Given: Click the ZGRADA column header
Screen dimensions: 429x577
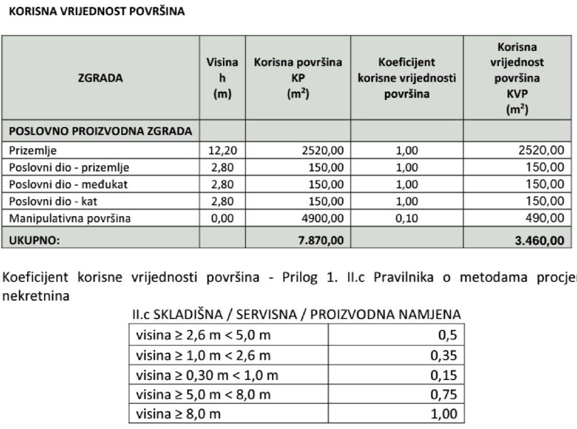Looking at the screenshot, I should pos(100,79).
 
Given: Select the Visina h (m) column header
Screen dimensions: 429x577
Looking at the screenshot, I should pos(222,79).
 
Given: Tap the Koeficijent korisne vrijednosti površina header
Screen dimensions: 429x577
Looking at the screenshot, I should pos(406,79).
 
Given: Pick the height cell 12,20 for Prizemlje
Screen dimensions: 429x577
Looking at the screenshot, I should pos(222,151).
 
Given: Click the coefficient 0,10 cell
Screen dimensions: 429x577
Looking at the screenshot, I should pos(407,219).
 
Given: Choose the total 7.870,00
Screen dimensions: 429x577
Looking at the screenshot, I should pos(320,239).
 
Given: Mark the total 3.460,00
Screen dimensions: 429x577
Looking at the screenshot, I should pos(539,239).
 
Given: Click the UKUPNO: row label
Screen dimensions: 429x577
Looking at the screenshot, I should pos(31,239).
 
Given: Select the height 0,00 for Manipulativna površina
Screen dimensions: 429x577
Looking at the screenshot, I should pos(222,219).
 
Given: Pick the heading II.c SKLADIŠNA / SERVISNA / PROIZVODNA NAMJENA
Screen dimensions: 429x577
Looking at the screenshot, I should pos(296,313).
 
